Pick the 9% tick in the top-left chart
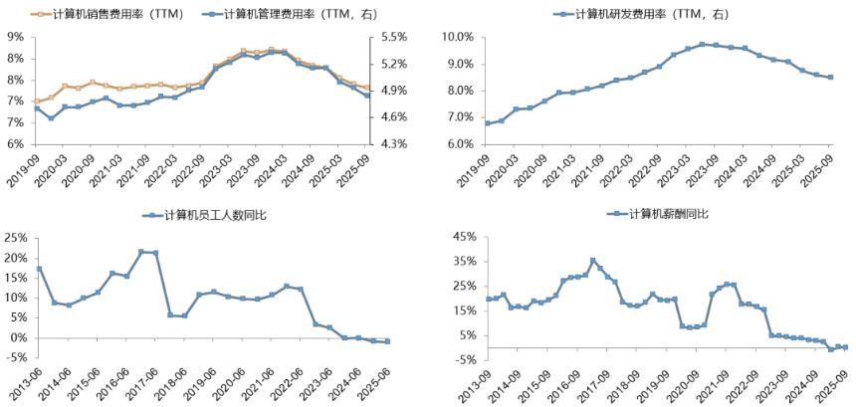tap(16, 37)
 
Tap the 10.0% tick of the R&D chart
tap(457, 37)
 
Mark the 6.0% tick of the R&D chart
tap(459, 144)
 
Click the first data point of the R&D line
tap(488, 123)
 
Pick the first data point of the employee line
tap(39, 269)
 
